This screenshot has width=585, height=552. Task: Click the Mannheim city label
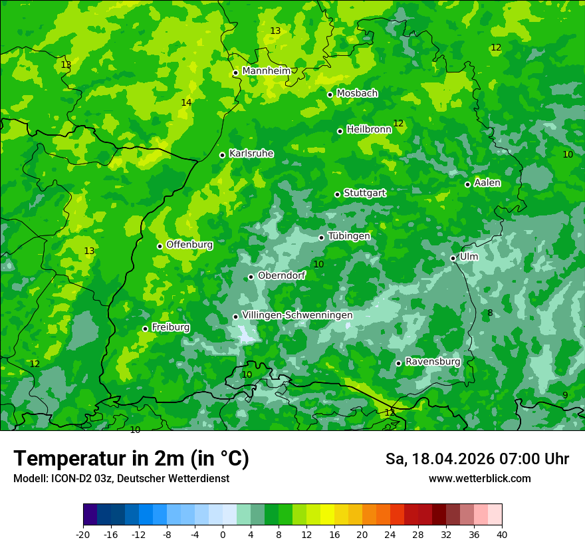point(266,71)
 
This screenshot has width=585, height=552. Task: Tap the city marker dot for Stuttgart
point(338,194)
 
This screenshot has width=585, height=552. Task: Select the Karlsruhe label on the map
point(251,154)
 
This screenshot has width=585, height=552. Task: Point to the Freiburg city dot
point(145,329)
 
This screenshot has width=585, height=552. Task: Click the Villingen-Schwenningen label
point(297,315)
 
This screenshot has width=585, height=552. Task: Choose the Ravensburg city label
point(433,362)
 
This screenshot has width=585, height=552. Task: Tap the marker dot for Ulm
point(453,258)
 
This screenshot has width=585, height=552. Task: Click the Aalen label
point(487,183)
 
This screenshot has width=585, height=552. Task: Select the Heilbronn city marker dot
point(340,131)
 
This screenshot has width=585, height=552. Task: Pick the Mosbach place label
point(357,93)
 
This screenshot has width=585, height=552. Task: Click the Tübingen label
point(349,236)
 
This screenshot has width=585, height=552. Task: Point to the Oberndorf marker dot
point(251,277)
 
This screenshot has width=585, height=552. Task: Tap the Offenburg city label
point(189,245)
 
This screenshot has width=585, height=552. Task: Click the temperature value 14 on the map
point(186,102)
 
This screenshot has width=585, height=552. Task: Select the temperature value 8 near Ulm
point(490,313)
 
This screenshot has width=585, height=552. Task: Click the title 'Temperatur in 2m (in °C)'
point(131,458)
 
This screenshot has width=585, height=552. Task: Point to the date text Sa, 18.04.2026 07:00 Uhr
point(477,459)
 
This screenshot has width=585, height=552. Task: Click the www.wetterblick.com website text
point(479,478)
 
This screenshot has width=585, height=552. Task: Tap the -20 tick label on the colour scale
point(83,534)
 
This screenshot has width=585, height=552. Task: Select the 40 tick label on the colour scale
point(501,534)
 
